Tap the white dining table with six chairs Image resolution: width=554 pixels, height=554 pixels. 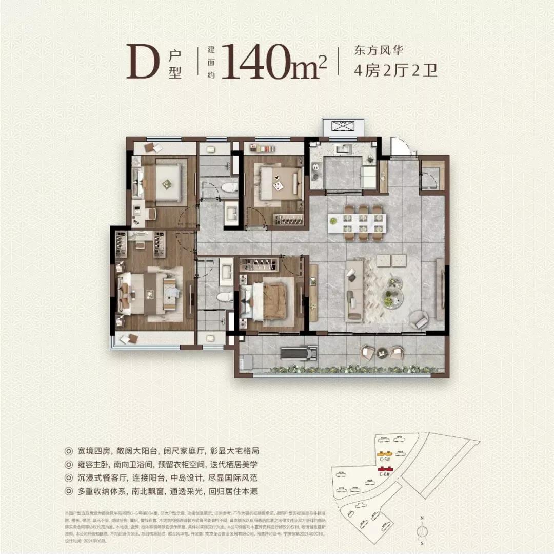tap(358, 223)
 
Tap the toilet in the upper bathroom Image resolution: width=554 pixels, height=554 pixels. tap(231, 187)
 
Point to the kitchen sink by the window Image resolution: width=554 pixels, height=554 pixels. tap(342, 149)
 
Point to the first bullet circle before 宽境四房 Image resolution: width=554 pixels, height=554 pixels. tap(69, 451)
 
